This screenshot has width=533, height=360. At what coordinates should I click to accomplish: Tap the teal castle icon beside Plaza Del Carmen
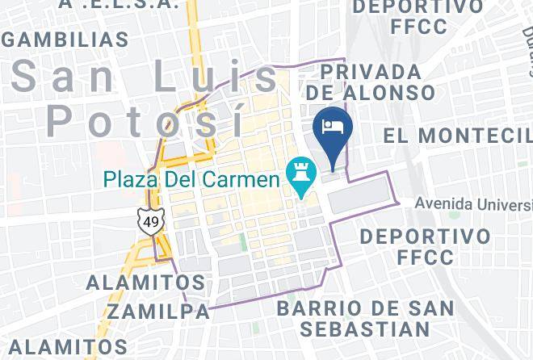[300, 172]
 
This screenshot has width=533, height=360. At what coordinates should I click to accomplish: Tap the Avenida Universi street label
[473, 203]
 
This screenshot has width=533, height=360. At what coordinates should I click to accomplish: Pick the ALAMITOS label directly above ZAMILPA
[145, 283]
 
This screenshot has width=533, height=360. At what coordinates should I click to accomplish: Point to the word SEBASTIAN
[364, 329]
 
